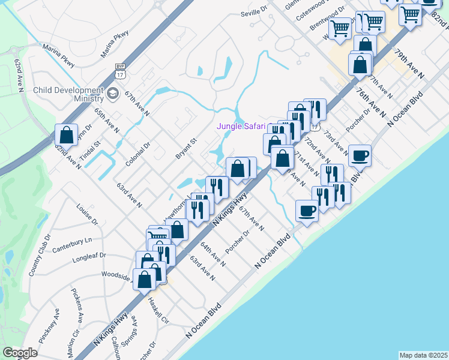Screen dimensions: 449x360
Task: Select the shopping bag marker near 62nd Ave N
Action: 66,134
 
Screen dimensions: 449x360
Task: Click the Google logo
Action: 20,353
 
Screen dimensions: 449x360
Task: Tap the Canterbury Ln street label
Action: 72,245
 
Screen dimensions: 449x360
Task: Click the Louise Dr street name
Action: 87,213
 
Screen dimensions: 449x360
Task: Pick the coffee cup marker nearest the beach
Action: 307,211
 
